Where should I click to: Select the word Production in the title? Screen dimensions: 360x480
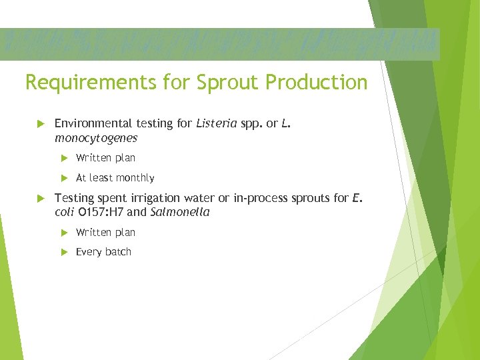pos(316,83)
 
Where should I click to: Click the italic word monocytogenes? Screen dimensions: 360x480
pos(96,138)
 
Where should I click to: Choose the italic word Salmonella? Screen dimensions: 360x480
pos(180,213)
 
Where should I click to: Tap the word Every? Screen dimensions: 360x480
pos(88,252)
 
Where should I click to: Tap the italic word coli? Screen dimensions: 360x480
pos(65,213)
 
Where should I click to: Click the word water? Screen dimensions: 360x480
pos(207,198)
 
